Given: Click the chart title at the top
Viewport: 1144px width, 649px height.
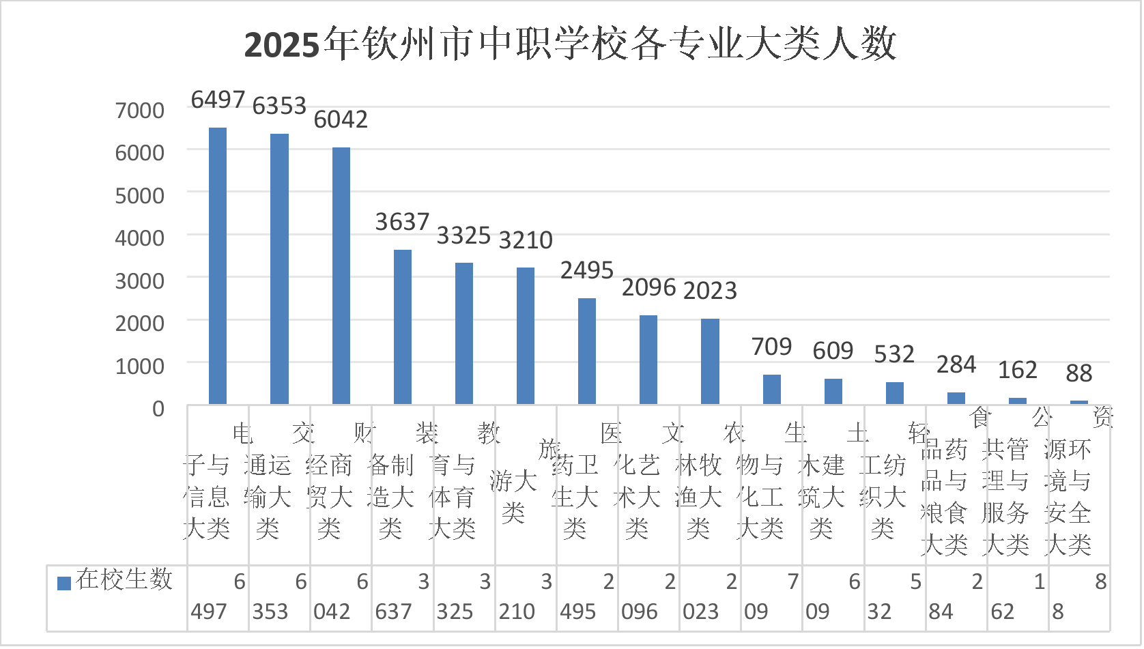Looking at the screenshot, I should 570,45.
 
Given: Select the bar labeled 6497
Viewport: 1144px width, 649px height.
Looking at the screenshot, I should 218,265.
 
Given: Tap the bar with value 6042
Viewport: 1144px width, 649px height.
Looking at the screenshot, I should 341,276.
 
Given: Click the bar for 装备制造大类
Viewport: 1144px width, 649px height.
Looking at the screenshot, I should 403,327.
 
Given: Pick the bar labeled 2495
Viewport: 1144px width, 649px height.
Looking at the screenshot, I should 587,351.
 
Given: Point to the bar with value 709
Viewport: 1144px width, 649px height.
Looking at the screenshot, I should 772,389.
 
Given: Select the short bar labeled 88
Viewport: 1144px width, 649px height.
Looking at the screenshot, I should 1079,402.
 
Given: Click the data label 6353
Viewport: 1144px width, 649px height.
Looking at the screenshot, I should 279,106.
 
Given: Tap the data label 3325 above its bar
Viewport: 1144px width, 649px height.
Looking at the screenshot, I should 463,235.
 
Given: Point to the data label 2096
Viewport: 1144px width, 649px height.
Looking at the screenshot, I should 648,288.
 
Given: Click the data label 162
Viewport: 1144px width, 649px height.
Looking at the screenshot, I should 1017,370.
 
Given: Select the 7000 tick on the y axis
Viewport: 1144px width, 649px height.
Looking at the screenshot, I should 140,110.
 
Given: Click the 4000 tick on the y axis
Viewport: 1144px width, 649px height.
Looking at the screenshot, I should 140,237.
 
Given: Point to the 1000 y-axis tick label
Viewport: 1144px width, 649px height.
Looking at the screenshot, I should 140,366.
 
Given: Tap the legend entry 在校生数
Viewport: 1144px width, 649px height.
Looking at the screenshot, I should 116,580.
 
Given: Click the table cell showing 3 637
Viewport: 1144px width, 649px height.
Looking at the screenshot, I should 403,597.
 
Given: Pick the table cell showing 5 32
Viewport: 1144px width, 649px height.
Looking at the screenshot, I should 894,597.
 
